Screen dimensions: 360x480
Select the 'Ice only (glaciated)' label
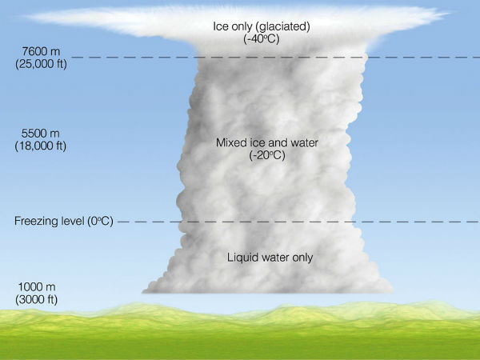262,26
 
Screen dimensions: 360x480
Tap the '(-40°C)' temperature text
262,39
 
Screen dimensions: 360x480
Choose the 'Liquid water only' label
270,257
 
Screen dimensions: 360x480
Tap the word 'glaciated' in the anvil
284,26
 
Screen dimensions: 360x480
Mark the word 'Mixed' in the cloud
230,143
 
